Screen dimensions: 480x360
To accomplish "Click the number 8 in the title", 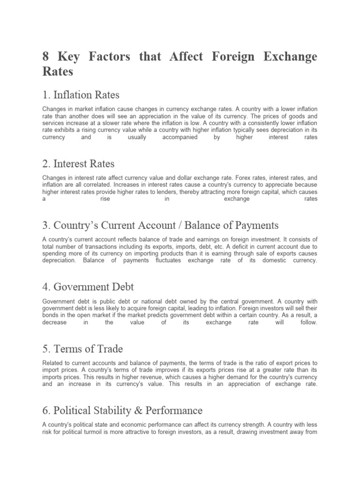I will pos(46,57).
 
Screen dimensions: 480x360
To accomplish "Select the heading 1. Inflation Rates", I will pos(81,95).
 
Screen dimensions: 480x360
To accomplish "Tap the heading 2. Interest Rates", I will pos(78,164).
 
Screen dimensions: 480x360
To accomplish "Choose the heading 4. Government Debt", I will pos(88,285).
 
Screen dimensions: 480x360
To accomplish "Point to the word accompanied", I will pos(180,137).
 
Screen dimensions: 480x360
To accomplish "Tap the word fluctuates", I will pos(164,260).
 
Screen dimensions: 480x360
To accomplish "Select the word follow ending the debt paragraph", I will pos(308,323).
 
